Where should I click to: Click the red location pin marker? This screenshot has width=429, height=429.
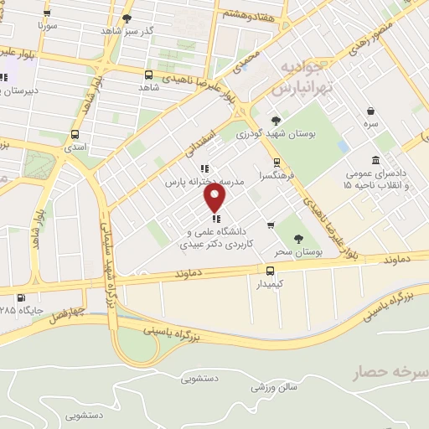click(x=215, y=198)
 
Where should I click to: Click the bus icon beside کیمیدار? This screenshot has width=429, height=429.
click(x=270, y=271)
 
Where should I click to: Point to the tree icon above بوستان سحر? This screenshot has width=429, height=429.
click(x=299, y=220)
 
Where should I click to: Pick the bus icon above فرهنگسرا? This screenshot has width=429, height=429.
click(x=276, y=163)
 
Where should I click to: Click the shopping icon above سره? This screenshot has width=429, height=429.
click(x=371, y=109)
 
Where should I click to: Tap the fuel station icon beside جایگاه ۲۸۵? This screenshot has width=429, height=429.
click(x=20, y=297)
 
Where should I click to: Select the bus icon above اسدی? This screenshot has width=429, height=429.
click(x=75, y=134)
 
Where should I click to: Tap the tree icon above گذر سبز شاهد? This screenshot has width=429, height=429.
click(x=127, y=18)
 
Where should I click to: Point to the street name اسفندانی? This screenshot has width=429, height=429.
click(x=202, y=141)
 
